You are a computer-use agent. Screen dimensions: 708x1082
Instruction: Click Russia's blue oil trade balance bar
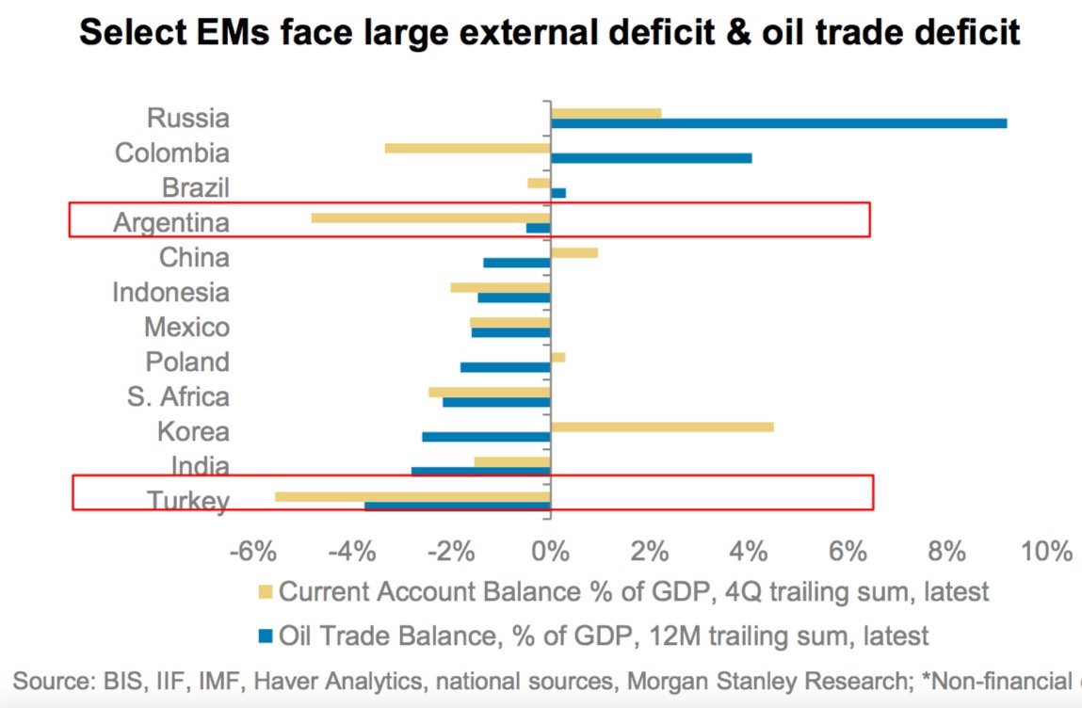(x=778, y=123)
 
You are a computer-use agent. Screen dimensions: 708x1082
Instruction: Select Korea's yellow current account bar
(x=661, y=426)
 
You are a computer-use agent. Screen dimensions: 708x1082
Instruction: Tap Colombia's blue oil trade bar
(x=651, y=158)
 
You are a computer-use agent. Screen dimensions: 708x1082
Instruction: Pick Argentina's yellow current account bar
(x=430, y=217)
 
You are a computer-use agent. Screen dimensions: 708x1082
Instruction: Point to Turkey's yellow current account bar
(x=412, y=496)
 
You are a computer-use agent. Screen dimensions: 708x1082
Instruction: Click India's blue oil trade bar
(x=480, y=471)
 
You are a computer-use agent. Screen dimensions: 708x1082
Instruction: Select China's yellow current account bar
(x=573, y=252)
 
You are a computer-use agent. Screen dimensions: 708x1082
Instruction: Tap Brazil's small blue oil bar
(x=557, y=193)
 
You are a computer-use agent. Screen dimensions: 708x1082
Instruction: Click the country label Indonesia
(x=170, y=292)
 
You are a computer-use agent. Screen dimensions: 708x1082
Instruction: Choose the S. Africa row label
(x=178, y=396)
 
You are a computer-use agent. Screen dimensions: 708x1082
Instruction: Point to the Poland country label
(x=187, y=362)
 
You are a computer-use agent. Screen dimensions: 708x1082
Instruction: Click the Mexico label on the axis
(x=186, y=327)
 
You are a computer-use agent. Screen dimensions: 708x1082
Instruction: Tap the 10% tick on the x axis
(x=1047, y=550)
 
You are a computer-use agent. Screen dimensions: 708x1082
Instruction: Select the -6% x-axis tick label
(x=252, y=550)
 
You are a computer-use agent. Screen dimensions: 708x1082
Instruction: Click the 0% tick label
(x=550, y=550)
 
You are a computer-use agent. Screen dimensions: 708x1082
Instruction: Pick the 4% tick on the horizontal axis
(x=748, y=550)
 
